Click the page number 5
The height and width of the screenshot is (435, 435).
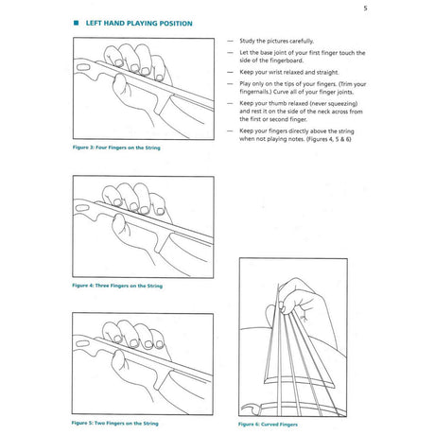(x=365, y=9)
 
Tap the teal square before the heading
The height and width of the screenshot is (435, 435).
(x=76, y=23)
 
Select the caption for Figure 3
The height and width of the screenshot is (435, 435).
(x=116, y=148)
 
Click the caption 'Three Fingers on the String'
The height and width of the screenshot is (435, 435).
(x=129, y=286)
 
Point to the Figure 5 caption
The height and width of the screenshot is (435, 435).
(x=114, y=423)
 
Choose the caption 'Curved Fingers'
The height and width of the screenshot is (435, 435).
(x=279, y=425)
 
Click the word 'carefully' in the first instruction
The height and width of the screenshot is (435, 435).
(x=302, y=41)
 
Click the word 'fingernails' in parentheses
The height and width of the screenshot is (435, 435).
(x=255, y=92)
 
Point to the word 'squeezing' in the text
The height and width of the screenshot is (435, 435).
(x=343, y=103)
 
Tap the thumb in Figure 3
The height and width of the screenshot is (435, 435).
(x=121, y=84)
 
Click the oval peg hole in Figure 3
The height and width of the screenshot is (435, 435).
(x=83, y=67)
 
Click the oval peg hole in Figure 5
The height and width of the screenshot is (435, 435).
(x=82, y=343)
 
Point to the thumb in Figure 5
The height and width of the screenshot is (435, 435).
(x=120, y=361)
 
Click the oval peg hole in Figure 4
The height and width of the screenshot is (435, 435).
(x=82, y=208)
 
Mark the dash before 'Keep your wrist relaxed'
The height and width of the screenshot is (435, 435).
(x=231, y=72)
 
